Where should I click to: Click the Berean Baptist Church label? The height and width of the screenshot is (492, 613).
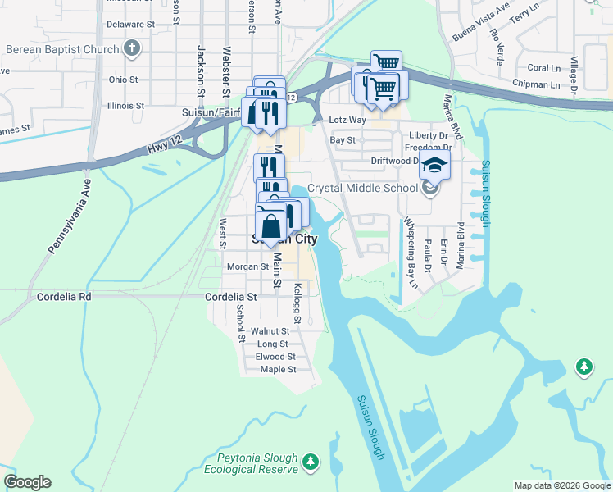click(x=61, y=49)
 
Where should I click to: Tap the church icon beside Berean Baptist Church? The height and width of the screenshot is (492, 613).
click(x=132, y=48)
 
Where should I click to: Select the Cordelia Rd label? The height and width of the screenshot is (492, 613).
click(x=64, y=296)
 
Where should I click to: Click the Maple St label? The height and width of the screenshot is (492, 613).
click(x=277, y=370)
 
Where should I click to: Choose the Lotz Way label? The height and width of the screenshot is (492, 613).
click(x=347, y=120)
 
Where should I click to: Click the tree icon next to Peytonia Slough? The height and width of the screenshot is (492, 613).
click(x=311, y=462)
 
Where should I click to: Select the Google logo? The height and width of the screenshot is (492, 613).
click(x=27, y=482)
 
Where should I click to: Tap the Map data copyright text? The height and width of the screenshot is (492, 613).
click(x=561, y=485)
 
